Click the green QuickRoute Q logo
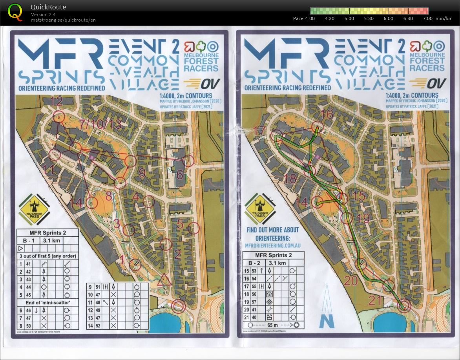(x=15, y=12)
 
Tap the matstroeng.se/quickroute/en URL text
(x=63, y=20)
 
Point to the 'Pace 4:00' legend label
(x=304, y=18)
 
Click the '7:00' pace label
(x=427, y=18)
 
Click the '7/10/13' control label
(x=100, y=124)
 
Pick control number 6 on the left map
(x=180, y=175)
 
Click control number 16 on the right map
(x=327, y=115)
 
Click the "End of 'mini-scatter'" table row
(x=47, y=302)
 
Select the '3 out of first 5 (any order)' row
(x=47, y=256)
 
